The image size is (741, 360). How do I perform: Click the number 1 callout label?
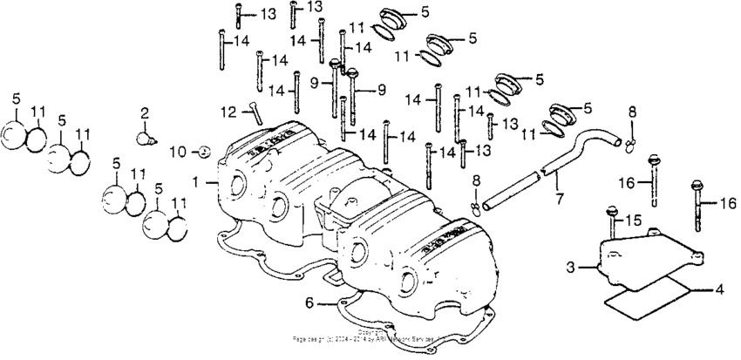click(x=196, y=182)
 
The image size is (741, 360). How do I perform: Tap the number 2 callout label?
click(x=145, y=112)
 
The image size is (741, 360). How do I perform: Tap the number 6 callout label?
click(x=309, y=302)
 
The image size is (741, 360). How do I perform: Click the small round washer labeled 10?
click(x=202, y=152)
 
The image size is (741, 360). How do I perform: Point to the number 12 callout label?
click(x=228, y=111)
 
